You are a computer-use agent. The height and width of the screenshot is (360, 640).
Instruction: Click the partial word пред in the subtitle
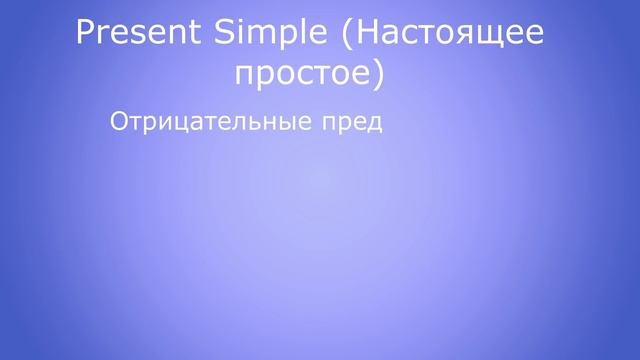[358, 123]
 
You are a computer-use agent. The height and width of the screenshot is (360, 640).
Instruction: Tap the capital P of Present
[87, 34]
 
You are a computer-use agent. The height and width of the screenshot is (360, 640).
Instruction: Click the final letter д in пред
[377, 125]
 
